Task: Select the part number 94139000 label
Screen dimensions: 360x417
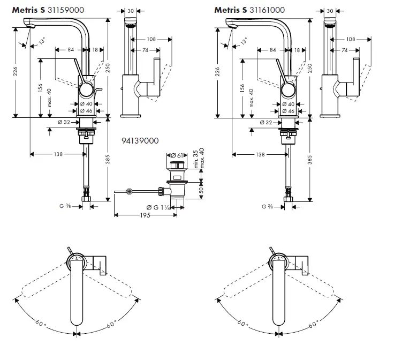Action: (141, 140)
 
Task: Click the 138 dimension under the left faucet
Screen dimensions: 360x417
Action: (59, 154)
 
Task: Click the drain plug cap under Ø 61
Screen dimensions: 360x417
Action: (177, 163)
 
